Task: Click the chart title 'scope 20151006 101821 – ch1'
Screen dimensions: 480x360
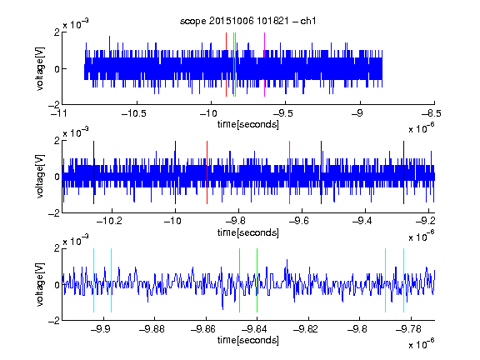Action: (247, 21)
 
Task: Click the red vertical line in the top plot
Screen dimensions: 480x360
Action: (226, 65)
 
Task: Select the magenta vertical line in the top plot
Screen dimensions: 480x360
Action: (264, 65)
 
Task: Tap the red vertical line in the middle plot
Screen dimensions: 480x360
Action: (207, 172)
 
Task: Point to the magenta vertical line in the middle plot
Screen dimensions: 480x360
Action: (290, 172)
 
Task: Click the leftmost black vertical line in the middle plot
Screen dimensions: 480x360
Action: (93, 172)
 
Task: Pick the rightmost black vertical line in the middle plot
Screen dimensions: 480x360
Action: (403, 172)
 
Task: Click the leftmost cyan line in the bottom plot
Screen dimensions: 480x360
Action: (93, 280)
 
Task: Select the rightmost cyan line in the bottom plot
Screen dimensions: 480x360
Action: (403, 280)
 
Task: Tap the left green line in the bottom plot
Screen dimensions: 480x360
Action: (239, 280)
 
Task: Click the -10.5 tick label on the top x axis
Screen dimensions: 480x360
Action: (134, 113)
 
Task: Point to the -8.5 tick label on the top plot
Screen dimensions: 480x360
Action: (431, 113)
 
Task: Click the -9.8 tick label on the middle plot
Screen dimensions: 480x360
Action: (239, 221)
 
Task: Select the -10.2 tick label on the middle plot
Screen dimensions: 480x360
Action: (109, 221)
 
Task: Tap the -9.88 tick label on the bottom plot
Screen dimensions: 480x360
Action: (152, 329)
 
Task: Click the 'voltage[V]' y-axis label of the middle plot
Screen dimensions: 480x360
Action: (40, 177)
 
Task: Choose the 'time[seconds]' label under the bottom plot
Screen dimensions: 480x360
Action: (248, 340)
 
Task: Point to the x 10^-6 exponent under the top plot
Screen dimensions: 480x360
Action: (422, 128)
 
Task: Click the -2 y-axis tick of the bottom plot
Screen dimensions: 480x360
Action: (54, 321)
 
